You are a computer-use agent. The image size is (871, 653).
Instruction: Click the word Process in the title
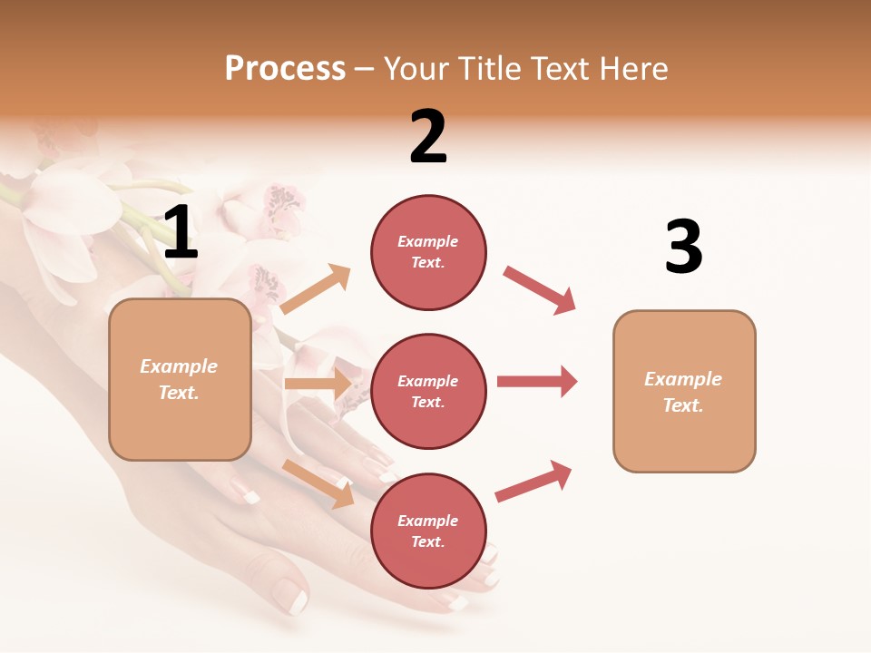(285, 69)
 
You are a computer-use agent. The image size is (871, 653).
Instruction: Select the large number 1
(180, 233)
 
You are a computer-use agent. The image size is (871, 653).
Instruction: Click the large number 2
(428, 137)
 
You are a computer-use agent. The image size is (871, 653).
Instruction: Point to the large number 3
(683, 247)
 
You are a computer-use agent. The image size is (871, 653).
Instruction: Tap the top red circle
(428, 252)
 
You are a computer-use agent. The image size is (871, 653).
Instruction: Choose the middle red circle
(428, 392)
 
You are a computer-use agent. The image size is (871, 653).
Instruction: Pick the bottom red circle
(428, 531)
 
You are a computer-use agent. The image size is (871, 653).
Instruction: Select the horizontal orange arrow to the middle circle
(318, 384)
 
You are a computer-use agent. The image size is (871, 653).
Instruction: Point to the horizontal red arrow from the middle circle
(536, 381)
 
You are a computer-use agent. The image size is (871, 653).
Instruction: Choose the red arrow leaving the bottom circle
(533, 481)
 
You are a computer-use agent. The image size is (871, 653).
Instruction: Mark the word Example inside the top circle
(427, 241)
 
